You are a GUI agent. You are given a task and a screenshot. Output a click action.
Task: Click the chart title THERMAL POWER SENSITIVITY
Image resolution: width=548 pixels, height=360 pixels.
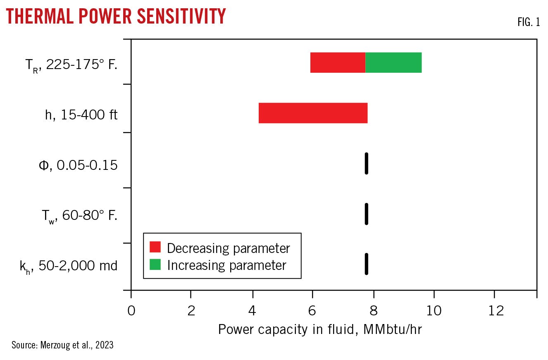pos(116,17)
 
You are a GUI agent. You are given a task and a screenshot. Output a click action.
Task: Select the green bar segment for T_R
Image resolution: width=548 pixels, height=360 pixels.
pos(393,63)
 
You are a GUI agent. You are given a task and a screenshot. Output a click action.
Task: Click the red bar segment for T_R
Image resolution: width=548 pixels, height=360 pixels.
pos(338,63)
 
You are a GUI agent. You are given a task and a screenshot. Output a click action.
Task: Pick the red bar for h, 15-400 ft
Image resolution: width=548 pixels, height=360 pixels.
pos(313,113)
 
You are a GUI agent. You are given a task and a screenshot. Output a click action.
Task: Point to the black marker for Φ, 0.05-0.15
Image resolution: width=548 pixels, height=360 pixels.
pos(366,163)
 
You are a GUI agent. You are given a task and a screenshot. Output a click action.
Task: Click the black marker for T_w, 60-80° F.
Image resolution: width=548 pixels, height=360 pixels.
pos(366,214)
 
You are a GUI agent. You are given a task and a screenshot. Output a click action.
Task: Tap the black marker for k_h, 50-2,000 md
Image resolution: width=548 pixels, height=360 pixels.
pos(366,264)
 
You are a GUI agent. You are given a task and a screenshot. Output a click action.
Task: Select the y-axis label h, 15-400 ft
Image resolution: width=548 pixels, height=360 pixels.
pos(81,114)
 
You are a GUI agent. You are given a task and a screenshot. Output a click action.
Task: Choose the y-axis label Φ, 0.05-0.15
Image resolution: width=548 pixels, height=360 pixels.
pos(78,165)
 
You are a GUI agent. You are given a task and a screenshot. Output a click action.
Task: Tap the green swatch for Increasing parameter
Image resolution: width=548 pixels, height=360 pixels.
pos(155,265)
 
